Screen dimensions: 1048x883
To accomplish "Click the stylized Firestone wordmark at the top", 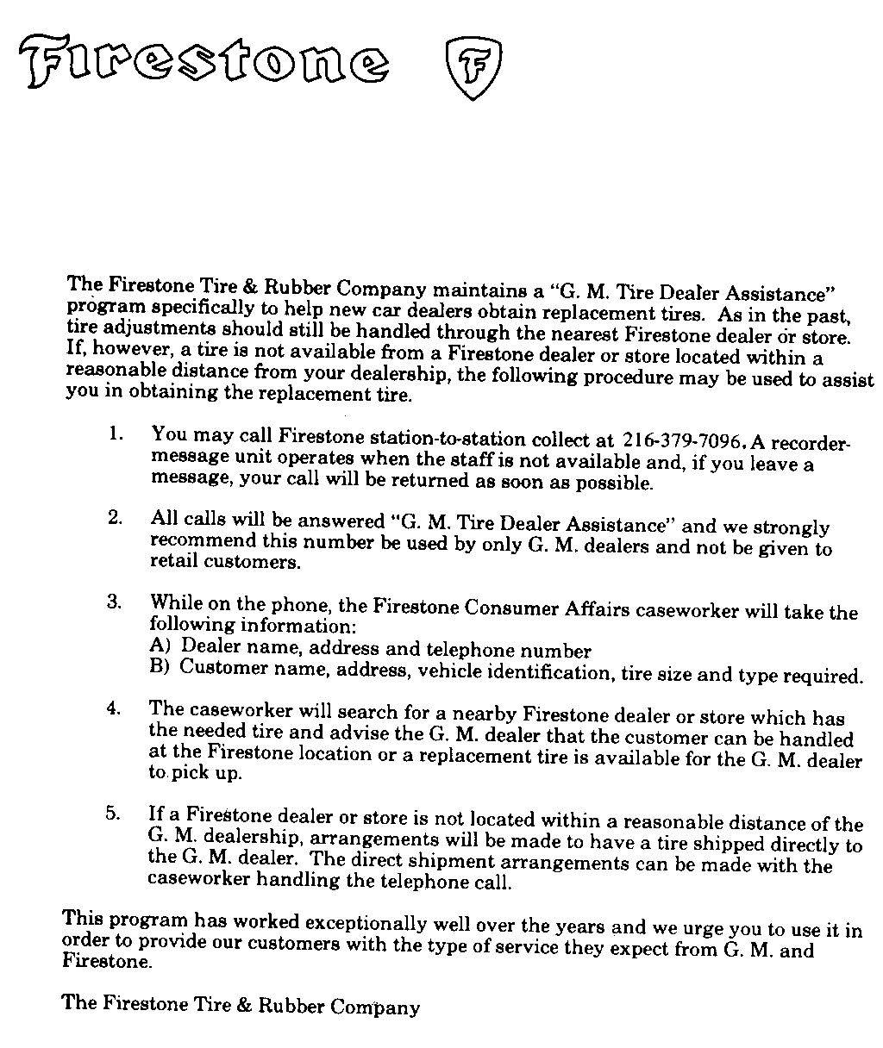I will coord(204,62).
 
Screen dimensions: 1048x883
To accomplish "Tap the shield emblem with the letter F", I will coord(473,68).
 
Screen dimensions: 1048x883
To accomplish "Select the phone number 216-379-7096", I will coord(681,440).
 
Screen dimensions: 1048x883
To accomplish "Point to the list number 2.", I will coord(115,517).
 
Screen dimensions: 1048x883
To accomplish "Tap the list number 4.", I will coord(114,708).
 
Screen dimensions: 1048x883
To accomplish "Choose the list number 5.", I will coord(114,814).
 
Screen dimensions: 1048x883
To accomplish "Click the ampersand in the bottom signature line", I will coord(246,1005).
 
